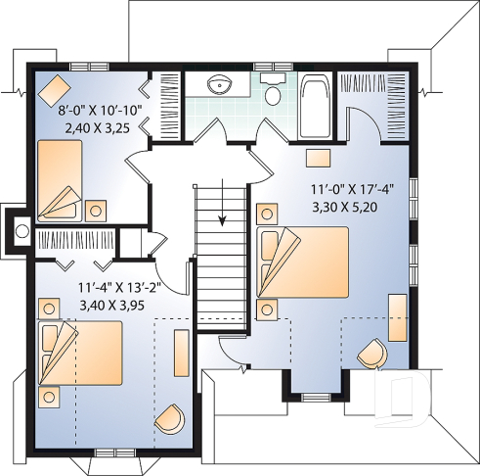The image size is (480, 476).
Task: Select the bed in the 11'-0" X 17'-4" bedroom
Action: pos(303,261)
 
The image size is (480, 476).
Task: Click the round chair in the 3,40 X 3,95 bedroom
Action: pos(168,418)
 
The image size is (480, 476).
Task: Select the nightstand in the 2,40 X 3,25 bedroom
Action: pos(96,209)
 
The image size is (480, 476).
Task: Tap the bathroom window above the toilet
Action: pos(267,67)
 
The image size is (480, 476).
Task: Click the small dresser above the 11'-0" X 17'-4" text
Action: pos(318,157)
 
